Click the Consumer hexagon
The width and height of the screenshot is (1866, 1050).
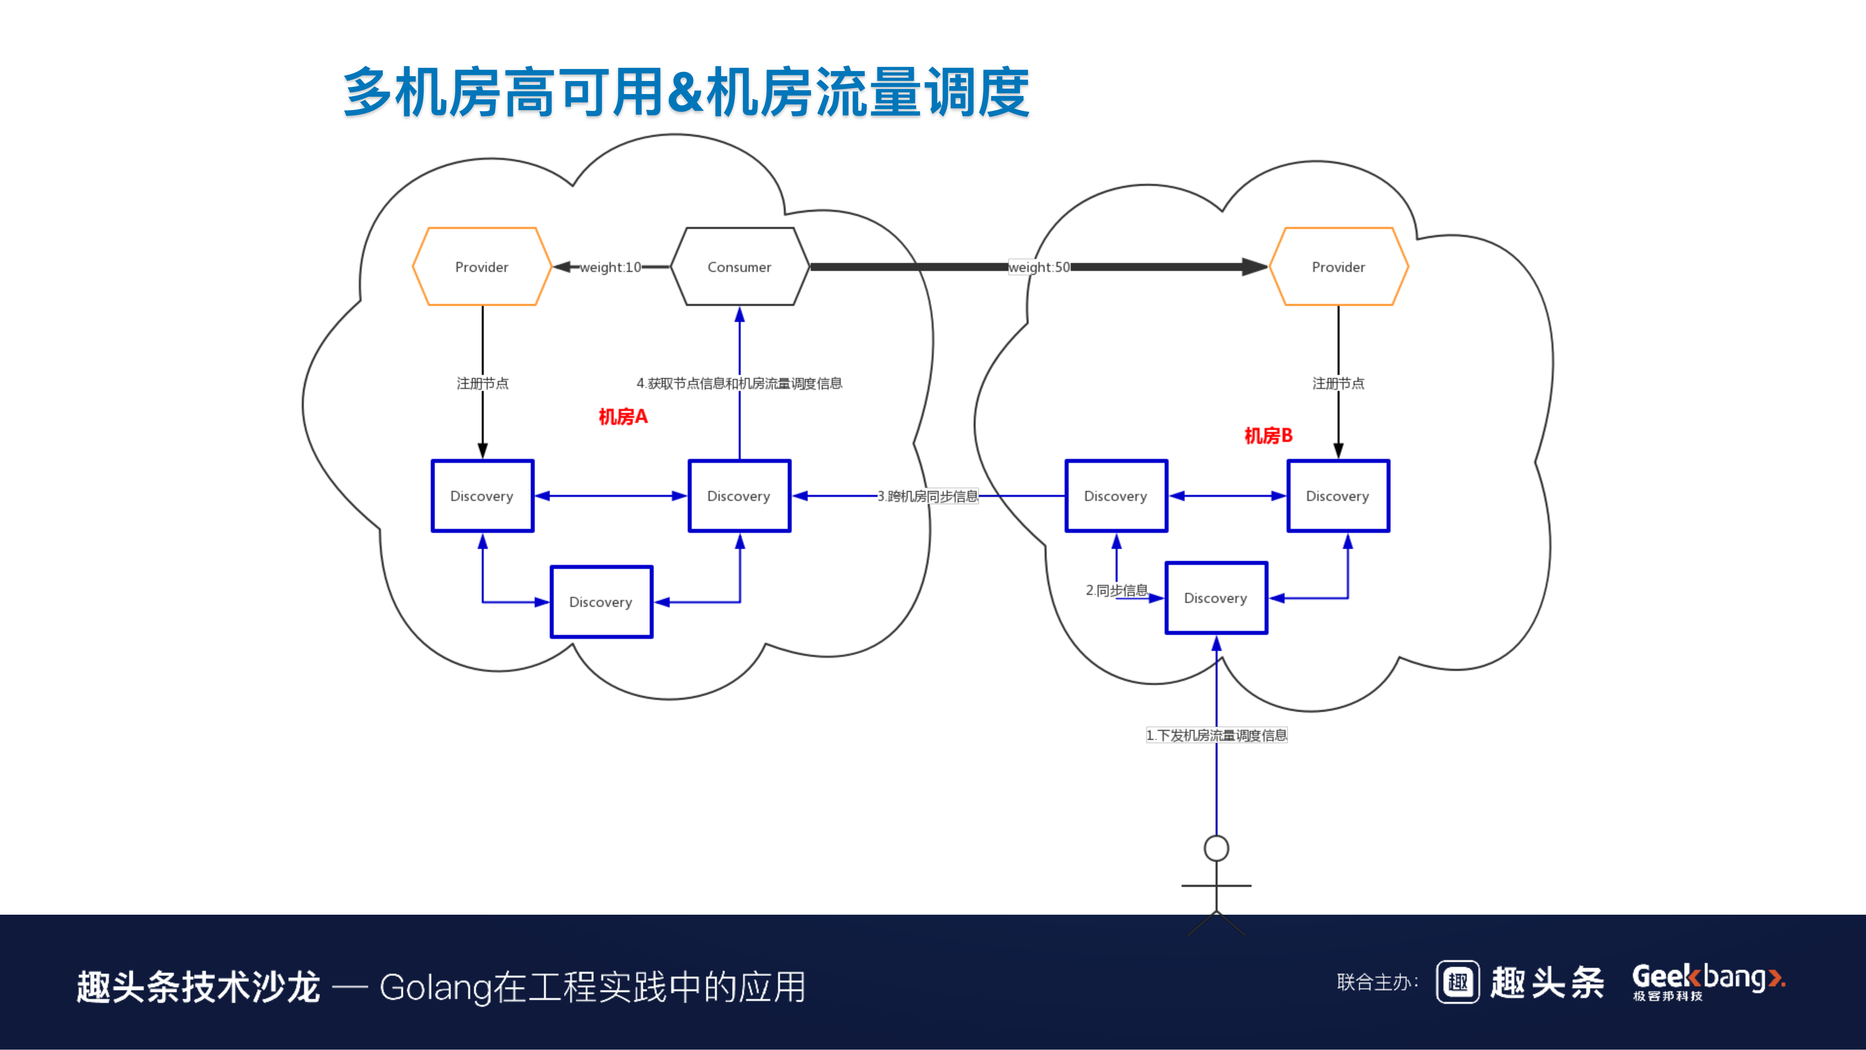pos(739,267)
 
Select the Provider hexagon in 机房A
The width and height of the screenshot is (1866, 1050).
pos(482,267)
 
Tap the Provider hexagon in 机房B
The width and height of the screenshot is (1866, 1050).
pos(1338,267)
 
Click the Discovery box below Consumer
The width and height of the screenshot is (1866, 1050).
pos(739,496)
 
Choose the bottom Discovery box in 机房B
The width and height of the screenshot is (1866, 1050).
pos(1216,598)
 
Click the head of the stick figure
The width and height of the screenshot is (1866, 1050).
pos(1216,848)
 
